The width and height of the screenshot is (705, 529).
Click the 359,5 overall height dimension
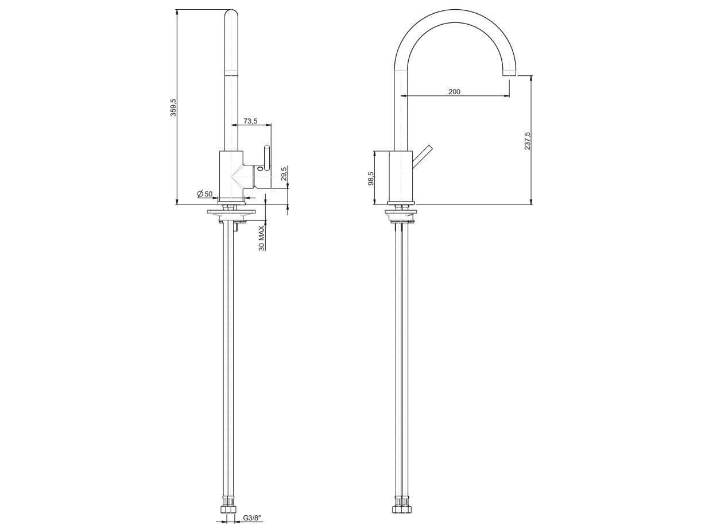(x=173, y=107)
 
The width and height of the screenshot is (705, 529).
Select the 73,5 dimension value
(x=250, y=121)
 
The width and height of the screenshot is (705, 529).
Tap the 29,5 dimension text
(x=284, y=175)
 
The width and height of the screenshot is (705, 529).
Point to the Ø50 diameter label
(x=205, y=194)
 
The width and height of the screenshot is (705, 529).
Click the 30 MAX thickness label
(x=262, y=238)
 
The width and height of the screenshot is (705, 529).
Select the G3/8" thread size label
(x=251, y=519)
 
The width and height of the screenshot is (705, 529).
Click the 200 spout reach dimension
(x=454, y=91)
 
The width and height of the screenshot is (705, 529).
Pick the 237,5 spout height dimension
(x=527, y=141)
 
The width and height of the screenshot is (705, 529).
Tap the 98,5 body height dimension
(x=371, y=178)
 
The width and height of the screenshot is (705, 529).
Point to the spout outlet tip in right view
(x=509, y=74)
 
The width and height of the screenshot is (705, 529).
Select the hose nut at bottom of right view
(x=401, y=509)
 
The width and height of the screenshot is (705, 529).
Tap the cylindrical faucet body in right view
(x=400, y=176)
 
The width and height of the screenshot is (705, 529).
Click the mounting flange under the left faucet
(x=230, y=213)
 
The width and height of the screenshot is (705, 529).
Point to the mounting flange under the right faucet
(x=401, y=215)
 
